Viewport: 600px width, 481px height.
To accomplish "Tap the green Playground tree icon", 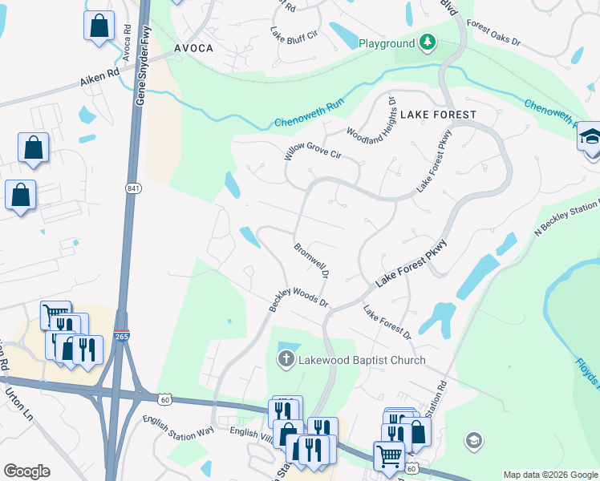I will (x=428, y=42).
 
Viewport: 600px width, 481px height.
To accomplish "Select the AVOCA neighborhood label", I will (x=194, y=48).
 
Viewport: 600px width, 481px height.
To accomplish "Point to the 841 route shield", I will (x=132, y=187).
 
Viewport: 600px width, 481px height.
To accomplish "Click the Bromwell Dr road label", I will (x=312, y=261).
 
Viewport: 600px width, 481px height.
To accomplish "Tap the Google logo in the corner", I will (x=26, y=471).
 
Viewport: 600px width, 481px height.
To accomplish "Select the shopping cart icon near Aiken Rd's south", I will (x=55, y=313).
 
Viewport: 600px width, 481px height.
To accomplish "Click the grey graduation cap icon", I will (x=473, y=439).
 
